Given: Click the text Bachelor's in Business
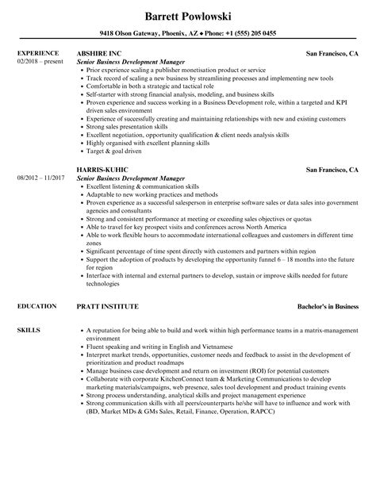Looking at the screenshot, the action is pyautogui.click(x=324, y=305).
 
